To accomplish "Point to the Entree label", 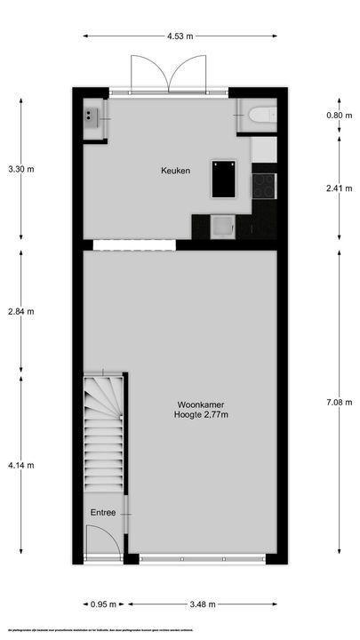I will pyautogui.click(x=102, y=513).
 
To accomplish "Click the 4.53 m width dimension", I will pyautogui.click(x=180, y=36).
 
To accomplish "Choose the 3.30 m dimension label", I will pyautogui.click(x=21, y=168).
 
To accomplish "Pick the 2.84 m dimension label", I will pyautogui.click(x=21, y=311).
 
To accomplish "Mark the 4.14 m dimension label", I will pyautogui.click(x=21, y=462).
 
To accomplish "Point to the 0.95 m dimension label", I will pyautogui.click(x=104, y=604).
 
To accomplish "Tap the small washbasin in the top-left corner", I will pyautogui.click(x=92, y=115).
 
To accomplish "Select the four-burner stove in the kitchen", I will pyautogui.click(x=264, y=185).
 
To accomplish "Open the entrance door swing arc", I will pyautogui.click(x=98, y=541).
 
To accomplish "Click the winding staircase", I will pyautogui.click(x=103, y=427).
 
